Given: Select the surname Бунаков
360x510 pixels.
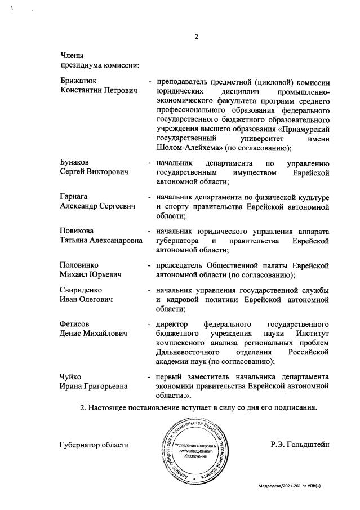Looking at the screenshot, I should coord(75,163).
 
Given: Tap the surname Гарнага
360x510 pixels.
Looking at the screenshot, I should coord(74,197).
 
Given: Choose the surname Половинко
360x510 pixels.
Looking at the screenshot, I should coord(79,265).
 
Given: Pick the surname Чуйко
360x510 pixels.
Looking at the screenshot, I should coord(71,376).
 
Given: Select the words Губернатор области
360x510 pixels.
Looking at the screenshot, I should coord(94,445).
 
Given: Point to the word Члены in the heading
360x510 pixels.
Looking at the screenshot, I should coord(72,56).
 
